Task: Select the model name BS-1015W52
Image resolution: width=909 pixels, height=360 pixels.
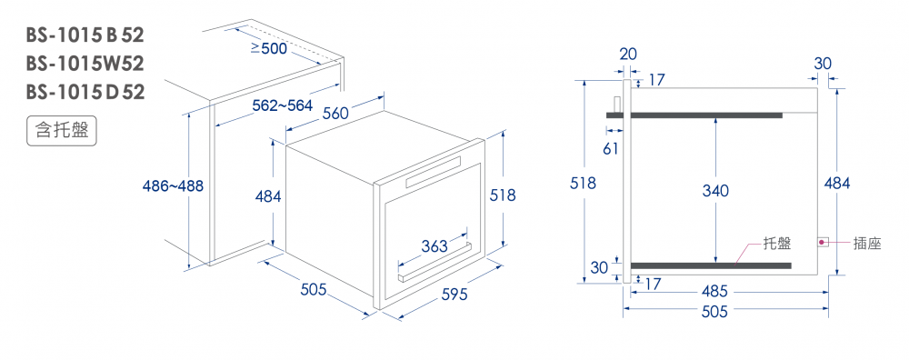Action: click(85, 64)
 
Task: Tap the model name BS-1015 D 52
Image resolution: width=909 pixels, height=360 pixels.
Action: click(85, 92)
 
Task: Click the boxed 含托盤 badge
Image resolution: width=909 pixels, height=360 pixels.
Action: click(62, 131)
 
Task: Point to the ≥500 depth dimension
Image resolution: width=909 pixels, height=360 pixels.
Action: click(268, 49)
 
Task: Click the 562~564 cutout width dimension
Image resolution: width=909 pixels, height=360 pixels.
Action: click(283, 105)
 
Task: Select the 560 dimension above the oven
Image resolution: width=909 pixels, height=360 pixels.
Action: click(335, 114)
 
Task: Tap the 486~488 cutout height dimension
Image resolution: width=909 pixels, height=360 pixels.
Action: click(173, 186)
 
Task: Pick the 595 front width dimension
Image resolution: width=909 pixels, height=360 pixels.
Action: click(454, 295)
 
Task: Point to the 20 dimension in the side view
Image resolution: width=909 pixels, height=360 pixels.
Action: click(628, 54)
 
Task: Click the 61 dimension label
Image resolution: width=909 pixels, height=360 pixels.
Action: click(610, 149)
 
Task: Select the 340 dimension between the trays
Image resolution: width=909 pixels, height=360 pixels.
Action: click(715, 190)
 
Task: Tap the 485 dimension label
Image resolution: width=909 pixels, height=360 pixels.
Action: click(714, 292)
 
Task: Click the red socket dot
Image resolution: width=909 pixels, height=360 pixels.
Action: click(822, 242)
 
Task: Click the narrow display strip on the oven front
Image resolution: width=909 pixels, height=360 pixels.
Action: click(434, 172)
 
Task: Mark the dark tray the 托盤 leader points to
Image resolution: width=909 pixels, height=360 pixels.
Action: click(711, 265)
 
